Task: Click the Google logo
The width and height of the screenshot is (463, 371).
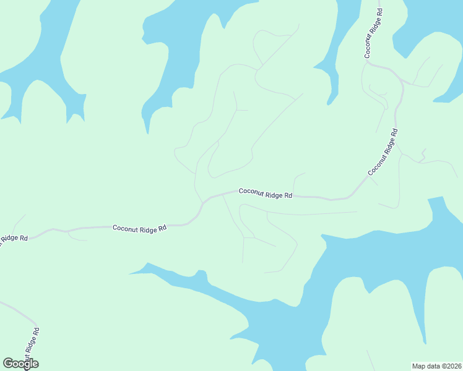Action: coord(20,364)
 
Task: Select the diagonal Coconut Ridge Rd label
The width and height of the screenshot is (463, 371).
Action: coord(383,152)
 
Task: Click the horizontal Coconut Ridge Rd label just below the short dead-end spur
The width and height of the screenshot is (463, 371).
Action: coord(265,194)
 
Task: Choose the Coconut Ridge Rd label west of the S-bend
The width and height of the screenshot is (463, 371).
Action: coord(139,228)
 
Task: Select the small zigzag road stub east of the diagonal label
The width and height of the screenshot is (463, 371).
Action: coord(422,155)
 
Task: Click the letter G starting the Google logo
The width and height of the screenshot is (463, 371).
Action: coord(9,364)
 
